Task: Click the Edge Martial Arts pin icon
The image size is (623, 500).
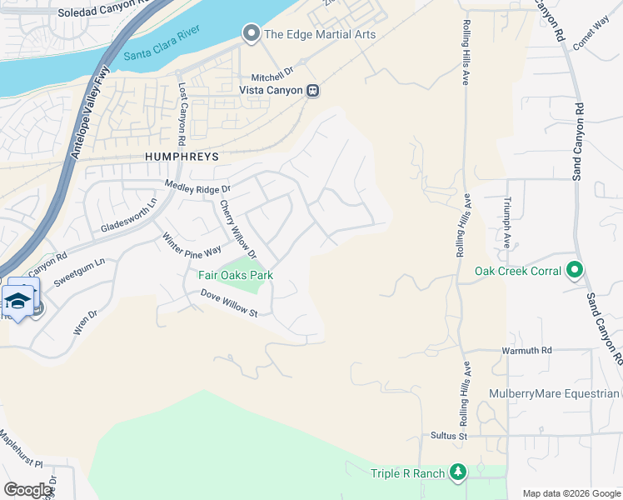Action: pyautogui.click(x=251, y=34)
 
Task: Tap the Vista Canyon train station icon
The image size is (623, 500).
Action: pyautogui.click(x=312, y=90)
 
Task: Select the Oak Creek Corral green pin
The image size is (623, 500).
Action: pyautogui.click(x=574, y=271)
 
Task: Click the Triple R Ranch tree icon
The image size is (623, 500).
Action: pyautogui.click(x=456, y=472)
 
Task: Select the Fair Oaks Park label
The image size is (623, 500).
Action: pyautogui.click(x=235, y=275)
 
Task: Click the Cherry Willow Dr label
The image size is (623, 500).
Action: pyautogui.click(x=238, y=228)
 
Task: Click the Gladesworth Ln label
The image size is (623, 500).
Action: pyautogui.click(x=129, y=217)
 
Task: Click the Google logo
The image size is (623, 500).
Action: pyautogui.click(x=28, y=490)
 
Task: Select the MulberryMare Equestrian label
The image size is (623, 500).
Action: pyautogui.click(x=566, y=393)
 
